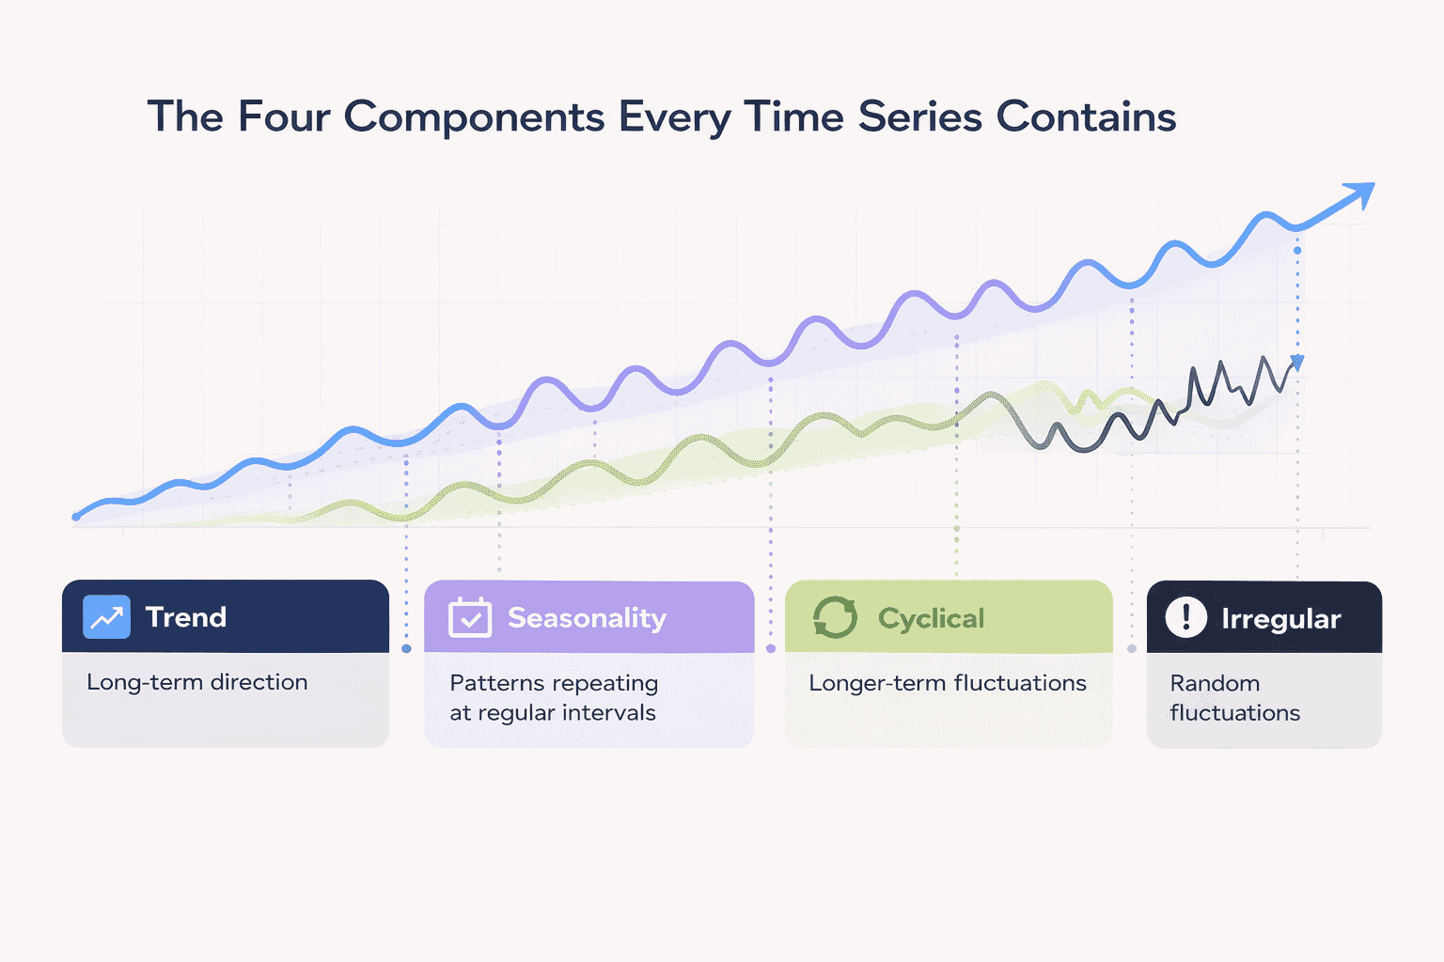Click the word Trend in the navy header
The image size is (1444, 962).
click(185, 617)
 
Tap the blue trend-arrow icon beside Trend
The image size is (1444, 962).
click(106, 617)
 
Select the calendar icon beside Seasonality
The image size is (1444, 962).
click(469, 617)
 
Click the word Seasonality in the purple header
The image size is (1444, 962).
click(587, 618)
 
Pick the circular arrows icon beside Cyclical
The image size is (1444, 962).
click(835, 617)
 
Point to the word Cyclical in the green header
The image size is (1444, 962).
click(931, 618)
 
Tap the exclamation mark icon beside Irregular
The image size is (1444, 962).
click(1185, 617)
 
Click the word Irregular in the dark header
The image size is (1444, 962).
click(1280, 619)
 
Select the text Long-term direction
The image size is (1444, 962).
click(196, 682)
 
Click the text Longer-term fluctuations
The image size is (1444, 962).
click(947, 683)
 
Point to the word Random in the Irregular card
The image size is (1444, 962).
click(1215, 683)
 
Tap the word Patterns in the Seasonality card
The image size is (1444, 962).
click(490, 683)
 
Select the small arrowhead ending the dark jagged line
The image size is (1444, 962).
click(1297, 362)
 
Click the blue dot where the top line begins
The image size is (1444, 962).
click(76, 516)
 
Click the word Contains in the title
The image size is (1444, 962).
click(1086, 117)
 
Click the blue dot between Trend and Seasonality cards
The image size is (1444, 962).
click(406, 649)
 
